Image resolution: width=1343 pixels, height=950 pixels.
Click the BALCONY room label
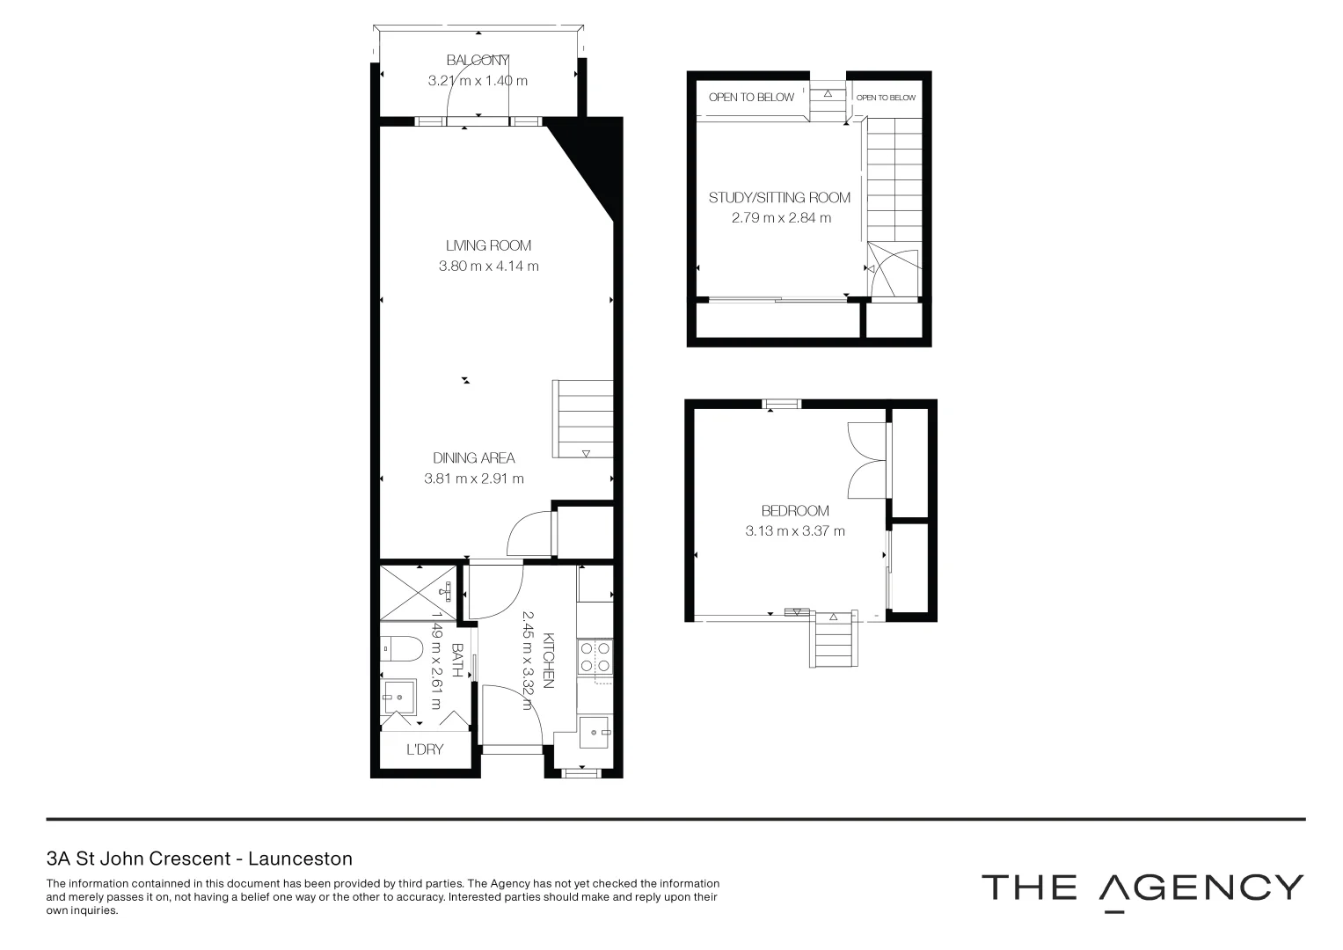[478, 61]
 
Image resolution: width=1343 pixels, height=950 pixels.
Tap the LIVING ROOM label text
[488, 245]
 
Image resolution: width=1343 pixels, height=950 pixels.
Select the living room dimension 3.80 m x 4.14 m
[488, 266]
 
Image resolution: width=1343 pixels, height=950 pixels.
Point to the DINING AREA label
[473, 457]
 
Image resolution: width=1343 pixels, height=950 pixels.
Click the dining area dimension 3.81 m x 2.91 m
[473, 479]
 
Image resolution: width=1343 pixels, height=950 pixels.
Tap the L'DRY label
[425, 749]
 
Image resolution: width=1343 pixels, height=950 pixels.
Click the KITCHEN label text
[548, 660]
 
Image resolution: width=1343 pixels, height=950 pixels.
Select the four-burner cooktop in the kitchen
[595, 655]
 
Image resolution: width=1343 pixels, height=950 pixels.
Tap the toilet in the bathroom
[402, 649]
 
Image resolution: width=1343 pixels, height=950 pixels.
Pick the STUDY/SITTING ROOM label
[779, 197]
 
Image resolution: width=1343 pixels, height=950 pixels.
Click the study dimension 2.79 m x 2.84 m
[781, 217]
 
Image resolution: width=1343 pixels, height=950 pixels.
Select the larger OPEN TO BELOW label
[751, 97]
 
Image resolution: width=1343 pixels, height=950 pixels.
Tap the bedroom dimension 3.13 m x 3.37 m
[795, 530]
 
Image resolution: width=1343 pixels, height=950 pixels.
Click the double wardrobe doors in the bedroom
[866, 462]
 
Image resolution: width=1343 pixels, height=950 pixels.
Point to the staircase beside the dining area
[582, 419]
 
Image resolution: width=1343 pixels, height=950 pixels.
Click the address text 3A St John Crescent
[200, 859]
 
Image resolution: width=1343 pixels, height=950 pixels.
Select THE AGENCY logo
[1142, 888]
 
